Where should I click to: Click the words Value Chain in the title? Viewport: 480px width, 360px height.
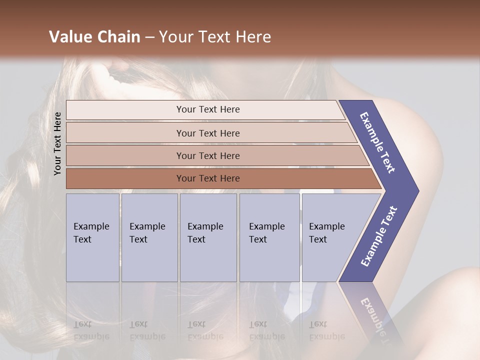click(94, 37)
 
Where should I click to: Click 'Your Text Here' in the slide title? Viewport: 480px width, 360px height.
click(215, 37)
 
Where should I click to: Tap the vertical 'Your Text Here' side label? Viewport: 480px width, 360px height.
click(57, 143)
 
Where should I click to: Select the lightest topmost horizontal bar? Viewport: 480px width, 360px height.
click(207, 109)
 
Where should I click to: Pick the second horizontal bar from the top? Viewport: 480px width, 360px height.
click(207, 133)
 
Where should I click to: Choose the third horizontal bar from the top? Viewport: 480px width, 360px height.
click(207, 155)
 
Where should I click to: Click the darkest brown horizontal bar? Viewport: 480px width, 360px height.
click(207, 178)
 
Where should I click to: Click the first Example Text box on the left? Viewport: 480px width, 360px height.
click(92, 237)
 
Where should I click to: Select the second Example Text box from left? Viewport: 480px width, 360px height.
click(149, 237)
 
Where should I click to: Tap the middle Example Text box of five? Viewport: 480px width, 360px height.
click(208, 237)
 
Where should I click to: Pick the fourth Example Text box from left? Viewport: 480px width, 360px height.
click(269, 237)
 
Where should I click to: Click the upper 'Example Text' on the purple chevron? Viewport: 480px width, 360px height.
click(377, 142)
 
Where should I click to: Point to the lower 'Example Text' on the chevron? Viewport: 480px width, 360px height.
click(379, 236)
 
